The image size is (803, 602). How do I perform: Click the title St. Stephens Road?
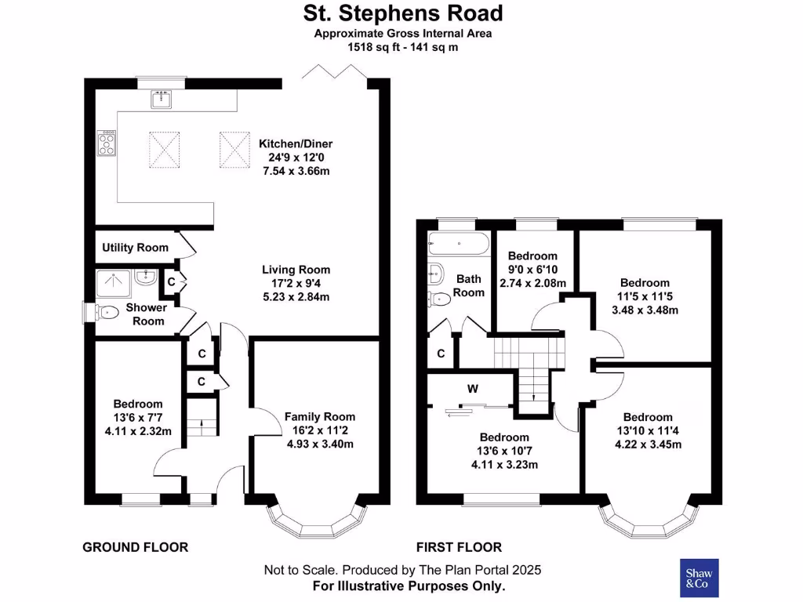(403, 13)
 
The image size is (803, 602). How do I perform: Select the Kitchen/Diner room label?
(296, 143)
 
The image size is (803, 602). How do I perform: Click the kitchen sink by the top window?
(162, 100)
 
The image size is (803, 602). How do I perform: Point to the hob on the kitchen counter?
(106, 143)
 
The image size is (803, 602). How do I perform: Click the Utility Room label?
(135, 248)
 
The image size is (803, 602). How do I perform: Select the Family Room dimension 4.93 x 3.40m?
(319, 444)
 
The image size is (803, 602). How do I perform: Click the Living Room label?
(296, 270)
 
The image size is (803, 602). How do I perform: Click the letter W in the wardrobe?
(473, 388)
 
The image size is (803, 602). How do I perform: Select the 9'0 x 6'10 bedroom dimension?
(532, 269)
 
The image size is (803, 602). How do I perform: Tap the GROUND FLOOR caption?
(136, 547)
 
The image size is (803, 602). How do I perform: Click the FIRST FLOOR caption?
(459, 547)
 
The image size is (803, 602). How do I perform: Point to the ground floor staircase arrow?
(202, 427)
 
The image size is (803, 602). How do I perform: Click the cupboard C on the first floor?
(441, 354)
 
